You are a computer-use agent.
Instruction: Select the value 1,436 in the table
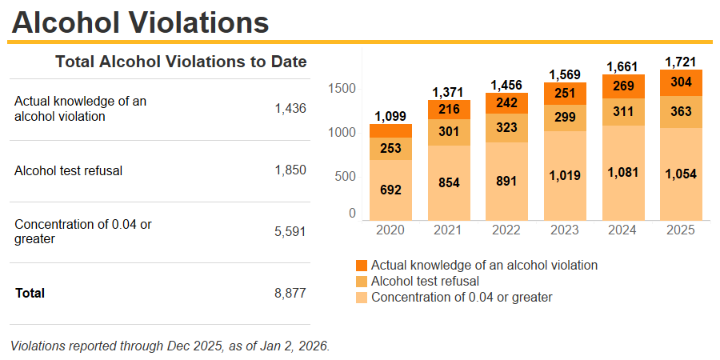pyautogui.click(x=290, y=109)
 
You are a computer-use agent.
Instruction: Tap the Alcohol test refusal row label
pyautogui.click(x=68, y=170)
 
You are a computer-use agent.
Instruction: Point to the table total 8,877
pyautogui.click(x=290, y=293)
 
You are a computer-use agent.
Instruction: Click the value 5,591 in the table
pyautogui.click(x=290, y=232)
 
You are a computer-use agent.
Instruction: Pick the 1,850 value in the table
pyautogui.click(x=290, y=170)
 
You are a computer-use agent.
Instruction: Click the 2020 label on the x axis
pyautogui.click(x=390, y=230)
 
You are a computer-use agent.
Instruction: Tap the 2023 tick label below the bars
pyautogui.click(x=565, y=230)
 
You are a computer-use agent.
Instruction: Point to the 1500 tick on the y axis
pyautogui.click(x=342, y=88)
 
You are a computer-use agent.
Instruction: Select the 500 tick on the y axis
pyautogui.click(x=345, y=176)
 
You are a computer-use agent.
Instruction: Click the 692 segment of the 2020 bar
pyautogui.click(x=390, y=190)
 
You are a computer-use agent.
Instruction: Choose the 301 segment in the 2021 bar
pyautogui.click(x=449, y=132)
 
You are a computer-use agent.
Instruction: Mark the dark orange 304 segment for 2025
pyautogui.click(x=681, y=82)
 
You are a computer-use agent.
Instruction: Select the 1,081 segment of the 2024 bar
pyautogui.click(x=623, y=172)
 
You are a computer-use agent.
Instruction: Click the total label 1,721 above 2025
pyautogui.click(x=681, y=62)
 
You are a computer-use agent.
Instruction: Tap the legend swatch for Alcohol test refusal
pyautogui.click(x=362, y=282)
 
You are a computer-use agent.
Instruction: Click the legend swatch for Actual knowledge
pyautogui.click(x=362, y=265)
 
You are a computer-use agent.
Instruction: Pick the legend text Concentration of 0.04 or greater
pyautogui.click(x=462, y=298)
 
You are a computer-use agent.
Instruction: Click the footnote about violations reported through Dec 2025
pyautogui.click(x=170, y=346)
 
